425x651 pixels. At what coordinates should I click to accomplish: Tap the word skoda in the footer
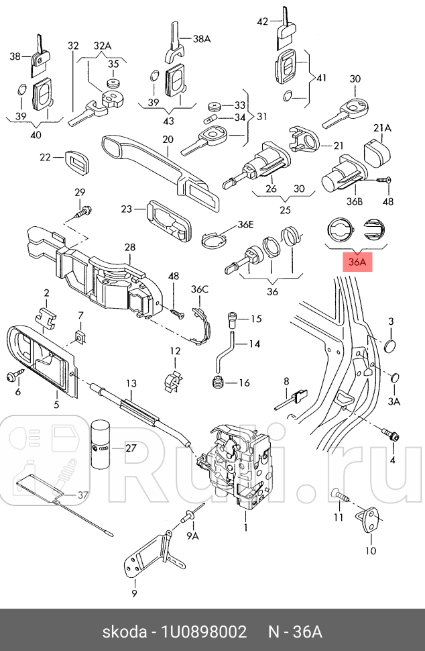125,632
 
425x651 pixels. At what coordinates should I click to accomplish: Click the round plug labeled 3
389,347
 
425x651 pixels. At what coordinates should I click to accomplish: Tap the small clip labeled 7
80,336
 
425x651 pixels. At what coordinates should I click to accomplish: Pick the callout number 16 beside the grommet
243,383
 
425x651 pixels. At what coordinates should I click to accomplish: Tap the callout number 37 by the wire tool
82,495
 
